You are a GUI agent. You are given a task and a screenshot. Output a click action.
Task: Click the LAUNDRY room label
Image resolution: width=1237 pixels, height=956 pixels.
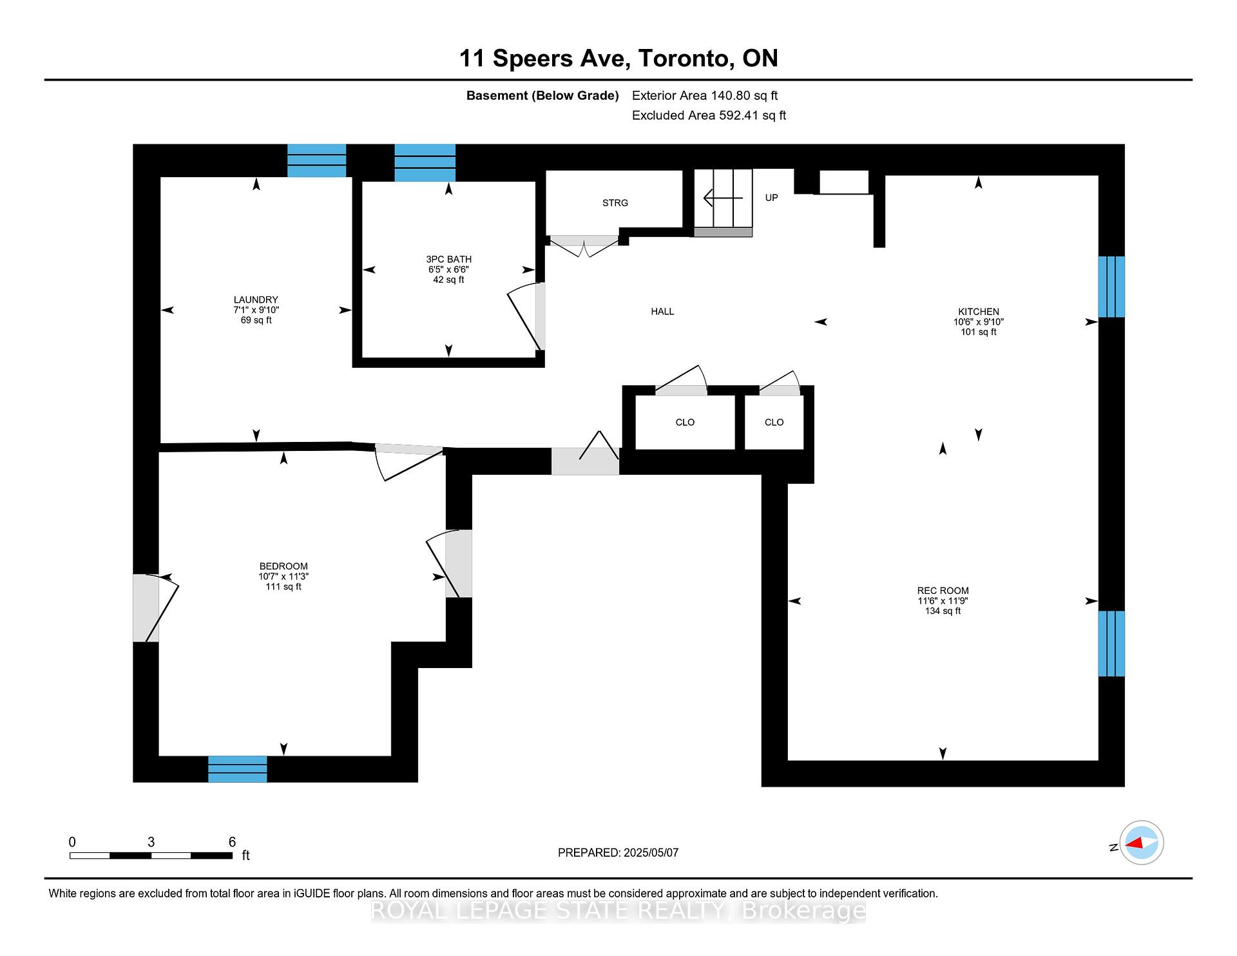pos(256,300)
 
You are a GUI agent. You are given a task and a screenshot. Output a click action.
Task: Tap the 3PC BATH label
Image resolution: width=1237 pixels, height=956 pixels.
pos(448,259)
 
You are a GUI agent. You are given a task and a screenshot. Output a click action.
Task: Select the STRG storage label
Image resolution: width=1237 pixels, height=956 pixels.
pos(615,203)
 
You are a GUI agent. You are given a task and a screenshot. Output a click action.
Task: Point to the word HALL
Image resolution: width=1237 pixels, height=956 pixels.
pos(662,311)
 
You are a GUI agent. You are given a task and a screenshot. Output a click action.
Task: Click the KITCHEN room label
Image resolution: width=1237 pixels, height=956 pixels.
pos(979,311)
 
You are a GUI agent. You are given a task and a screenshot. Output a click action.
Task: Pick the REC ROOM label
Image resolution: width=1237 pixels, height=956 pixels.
pos(943,591)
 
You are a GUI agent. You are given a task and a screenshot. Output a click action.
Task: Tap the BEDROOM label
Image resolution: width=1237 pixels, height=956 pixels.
pos(283,566)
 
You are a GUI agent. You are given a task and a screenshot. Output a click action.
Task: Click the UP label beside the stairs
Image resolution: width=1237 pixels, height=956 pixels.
pos(771,198)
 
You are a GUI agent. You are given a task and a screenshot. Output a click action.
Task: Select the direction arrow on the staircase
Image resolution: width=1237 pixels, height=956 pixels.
pos(723,198)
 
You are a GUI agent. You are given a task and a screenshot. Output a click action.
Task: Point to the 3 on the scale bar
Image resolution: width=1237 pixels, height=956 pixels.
pos(151,842)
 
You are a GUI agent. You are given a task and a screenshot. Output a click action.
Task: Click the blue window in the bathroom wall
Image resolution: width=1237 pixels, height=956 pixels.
pos(425,162)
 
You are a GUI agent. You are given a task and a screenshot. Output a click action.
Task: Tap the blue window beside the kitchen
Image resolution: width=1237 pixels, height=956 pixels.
pos(1111,287)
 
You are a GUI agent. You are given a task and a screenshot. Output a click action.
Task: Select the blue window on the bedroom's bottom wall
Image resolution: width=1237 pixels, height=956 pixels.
pos(237,769)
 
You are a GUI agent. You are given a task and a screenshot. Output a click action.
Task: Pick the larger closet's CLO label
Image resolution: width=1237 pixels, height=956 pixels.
pos(685,423)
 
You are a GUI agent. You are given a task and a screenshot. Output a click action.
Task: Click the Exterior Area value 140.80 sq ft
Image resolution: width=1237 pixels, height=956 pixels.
pos(744,95)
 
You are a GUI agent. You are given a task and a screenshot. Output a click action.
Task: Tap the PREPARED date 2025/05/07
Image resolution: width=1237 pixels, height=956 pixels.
pos(651,852)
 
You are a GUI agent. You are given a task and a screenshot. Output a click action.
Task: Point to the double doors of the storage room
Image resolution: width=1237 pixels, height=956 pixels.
pos(584,245)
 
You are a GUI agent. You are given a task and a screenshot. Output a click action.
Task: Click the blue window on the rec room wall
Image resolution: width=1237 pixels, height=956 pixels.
pos(1111,644)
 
